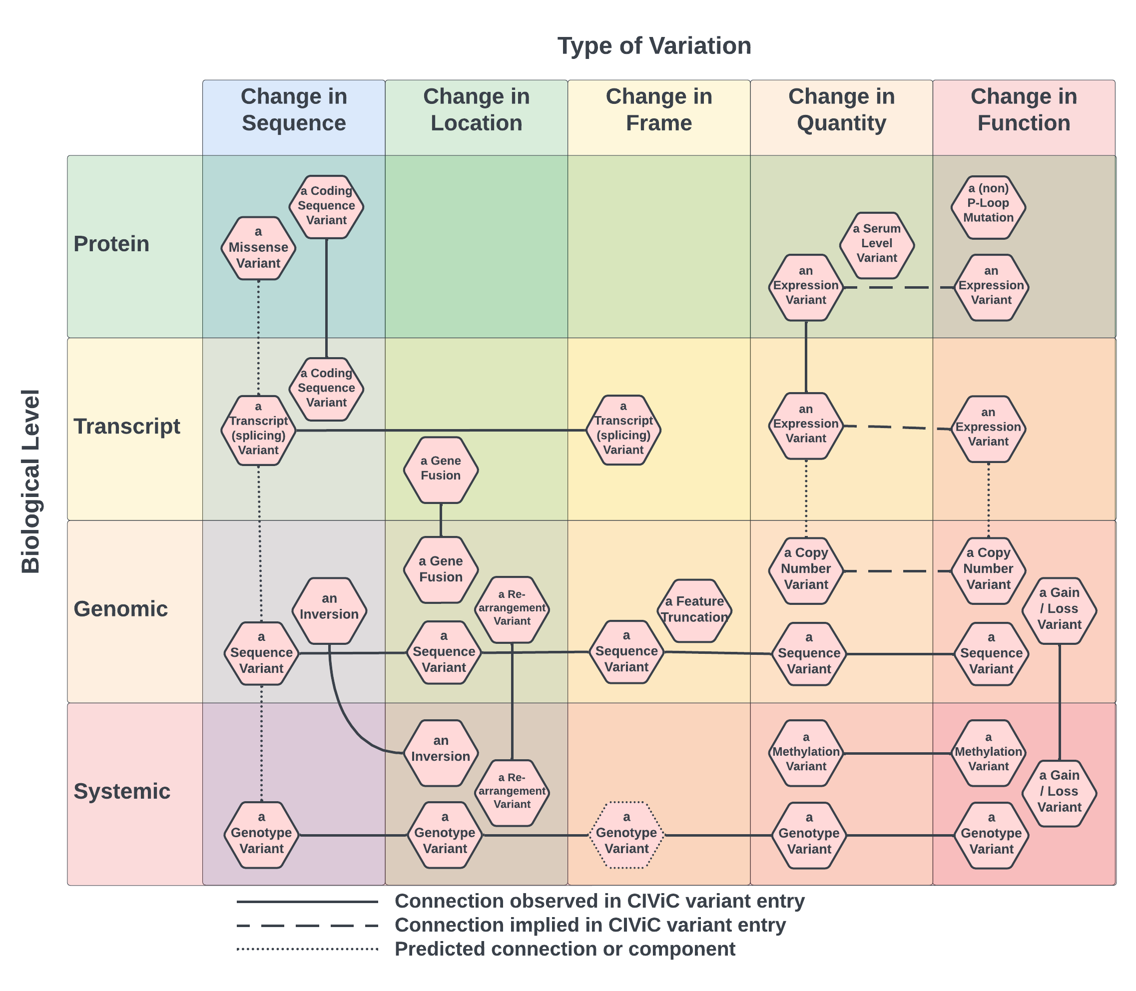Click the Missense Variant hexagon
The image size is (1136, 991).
click(258, 248)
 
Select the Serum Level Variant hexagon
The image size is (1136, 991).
click(877, 244)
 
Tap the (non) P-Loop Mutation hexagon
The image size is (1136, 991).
click(988, 207)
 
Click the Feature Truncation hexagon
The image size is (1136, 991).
click(695, 610)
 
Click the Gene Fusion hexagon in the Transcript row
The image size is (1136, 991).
click(440, 470)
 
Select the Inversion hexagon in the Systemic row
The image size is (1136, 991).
click(440, 753)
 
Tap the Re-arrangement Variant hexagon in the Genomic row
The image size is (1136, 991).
click(512, 609)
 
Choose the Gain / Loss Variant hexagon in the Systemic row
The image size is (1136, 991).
click(1059, 793)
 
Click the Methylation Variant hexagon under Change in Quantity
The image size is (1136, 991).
click(806, 753)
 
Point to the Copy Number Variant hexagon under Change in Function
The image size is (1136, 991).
click(988, 570)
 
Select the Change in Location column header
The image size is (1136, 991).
click(476, 109)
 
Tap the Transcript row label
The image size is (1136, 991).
click(127, 427)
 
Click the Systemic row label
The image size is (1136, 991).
click(122, 791)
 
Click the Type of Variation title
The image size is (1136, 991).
click(654, 46)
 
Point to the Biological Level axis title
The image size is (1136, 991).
click(31, 481)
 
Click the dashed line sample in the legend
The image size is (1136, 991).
click(307, 926)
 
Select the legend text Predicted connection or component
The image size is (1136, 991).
click(564, 949)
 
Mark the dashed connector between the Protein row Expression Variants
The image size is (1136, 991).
click(898, 288)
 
